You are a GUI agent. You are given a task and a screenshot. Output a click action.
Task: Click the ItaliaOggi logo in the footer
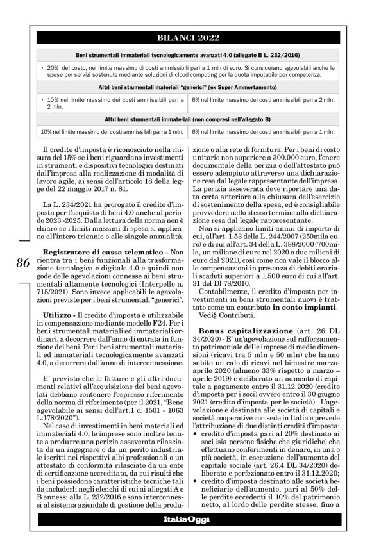(x=185, y=536)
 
